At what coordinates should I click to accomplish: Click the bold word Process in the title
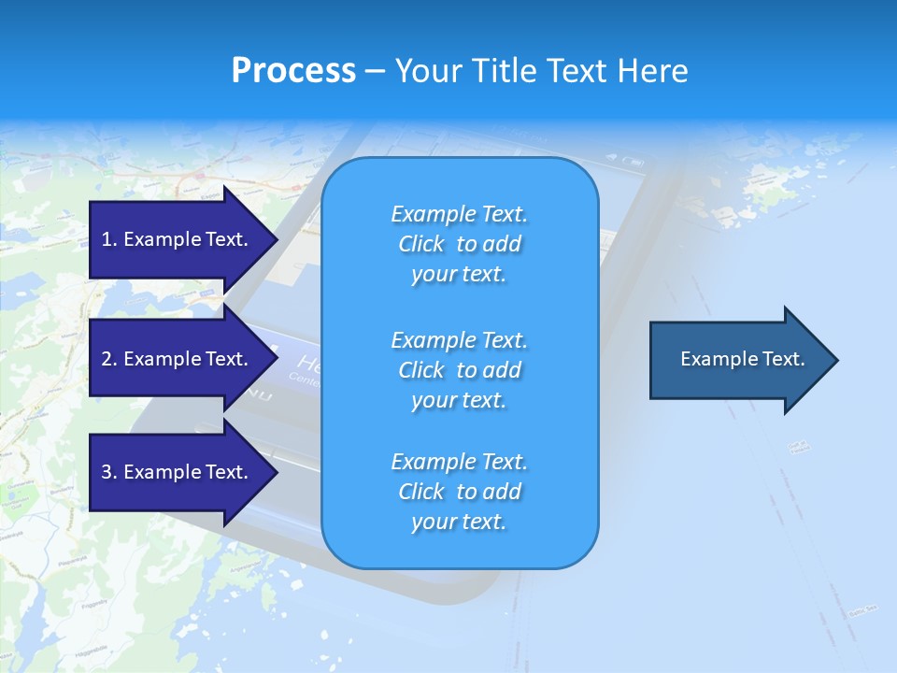click(292, 71)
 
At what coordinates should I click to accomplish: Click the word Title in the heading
click(506, 71)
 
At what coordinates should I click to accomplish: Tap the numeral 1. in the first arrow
click(108, 239)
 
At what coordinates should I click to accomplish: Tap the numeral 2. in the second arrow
click(108, 359)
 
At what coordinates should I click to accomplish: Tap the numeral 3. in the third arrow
click(108, 472)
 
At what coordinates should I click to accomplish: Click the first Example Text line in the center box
click(459, 214)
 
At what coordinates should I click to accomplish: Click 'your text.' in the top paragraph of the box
click(459, 275)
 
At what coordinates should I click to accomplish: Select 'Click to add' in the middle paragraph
click(459, 370)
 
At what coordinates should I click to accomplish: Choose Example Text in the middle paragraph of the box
click(459, 340)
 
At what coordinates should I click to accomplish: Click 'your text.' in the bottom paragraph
click(459, 522)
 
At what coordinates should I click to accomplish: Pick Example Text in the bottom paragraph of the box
click(459, 462)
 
